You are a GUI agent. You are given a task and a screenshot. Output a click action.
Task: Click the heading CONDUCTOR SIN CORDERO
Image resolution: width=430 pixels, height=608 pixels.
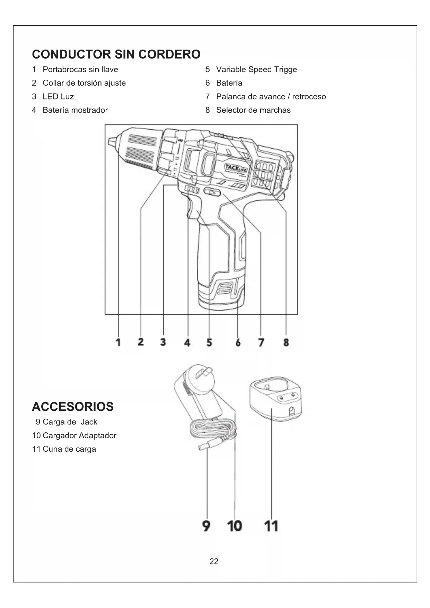[x=116, y=54]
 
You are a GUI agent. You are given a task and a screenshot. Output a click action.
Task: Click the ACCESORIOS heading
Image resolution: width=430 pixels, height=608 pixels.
[x=73, y=407]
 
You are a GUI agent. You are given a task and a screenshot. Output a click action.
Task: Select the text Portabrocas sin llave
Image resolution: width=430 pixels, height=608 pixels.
[x=80, y=69]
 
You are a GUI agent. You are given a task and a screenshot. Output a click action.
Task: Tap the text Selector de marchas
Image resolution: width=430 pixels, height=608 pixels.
[x=253, y=110]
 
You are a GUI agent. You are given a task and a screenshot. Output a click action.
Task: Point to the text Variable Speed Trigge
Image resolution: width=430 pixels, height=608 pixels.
[x=256, y=69]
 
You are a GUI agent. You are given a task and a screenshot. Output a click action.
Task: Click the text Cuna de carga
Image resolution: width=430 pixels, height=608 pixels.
[x=69, y=449]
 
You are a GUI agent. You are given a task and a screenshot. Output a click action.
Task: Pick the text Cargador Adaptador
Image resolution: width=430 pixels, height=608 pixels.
[x=79, y=435]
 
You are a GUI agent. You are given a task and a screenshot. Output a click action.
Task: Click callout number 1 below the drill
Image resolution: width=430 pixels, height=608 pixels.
[x=118, y=342]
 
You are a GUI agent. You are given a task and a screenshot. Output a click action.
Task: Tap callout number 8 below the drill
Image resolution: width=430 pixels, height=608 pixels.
[x=286, y=342]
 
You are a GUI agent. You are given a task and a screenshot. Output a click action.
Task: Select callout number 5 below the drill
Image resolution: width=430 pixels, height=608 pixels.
[x=209, y=342]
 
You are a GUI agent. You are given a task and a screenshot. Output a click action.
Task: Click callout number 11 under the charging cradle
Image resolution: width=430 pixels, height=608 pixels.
[x=271, y=526]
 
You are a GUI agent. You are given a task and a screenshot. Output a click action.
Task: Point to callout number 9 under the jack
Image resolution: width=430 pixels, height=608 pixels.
[x=206, y=526]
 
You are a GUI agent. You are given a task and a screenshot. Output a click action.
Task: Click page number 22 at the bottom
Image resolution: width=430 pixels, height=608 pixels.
[x=214, y=561]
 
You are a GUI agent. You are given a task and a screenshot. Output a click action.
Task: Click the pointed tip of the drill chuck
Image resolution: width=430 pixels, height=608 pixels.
[x=112, y=142]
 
